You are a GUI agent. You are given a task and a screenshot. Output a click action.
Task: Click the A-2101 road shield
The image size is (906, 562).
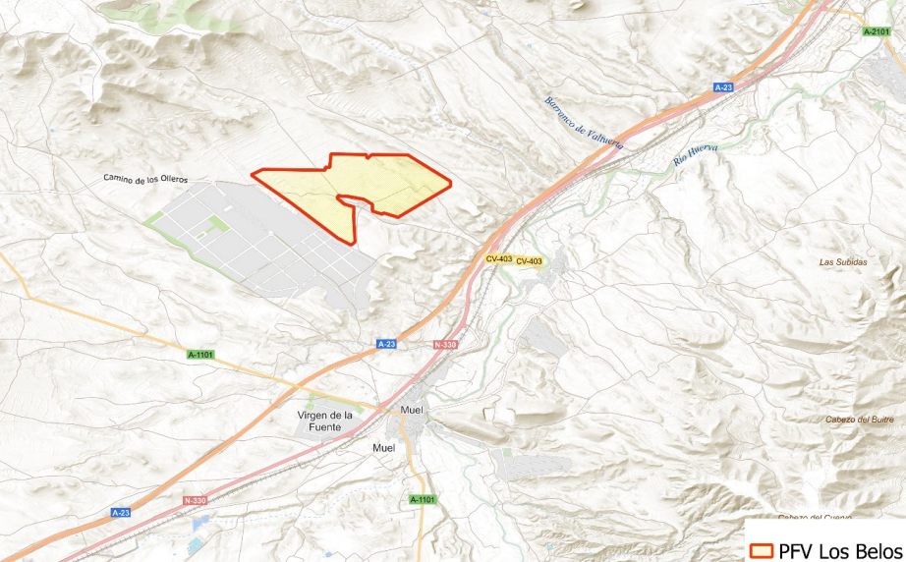[x=876, y=31]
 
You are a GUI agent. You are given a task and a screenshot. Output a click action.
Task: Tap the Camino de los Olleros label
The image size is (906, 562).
[x=145, y=179]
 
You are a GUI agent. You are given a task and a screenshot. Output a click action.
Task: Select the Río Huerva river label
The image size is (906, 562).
[x=697, y=158]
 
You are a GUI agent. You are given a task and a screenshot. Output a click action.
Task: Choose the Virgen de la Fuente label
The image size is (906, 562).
[x=324, y=421]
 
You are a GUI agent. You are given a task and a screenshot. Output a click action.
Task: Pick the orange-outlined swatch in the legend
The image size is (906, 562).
[x=761, y=550]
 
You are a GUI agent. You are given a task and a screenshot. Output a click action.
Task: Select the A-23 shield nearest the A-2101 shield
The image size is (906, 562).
[x=724, y=87]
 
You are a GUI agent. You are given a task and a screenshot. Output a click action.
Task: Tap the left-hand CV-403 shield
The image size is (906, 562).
[x=499, y=258]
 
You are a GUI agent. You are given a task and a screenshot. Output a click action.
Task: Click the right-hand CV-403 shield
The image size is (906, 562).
[x=530, y=260]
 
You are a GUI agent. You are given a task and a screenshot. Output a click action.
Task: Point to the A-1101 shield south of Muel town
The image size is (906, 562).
[x=421, y=500]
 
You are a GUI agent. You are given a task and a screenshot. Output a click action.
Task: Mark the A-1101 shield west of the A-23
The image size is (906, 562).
[x=200, y=353]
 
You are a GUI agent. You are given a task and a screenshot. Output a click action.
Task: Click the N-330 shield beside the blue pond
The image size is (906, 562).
[x=196, y=501]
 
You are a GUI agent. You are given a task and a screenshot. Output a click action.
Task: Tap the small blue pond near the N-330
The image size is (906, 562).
[x=198, y=543]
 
